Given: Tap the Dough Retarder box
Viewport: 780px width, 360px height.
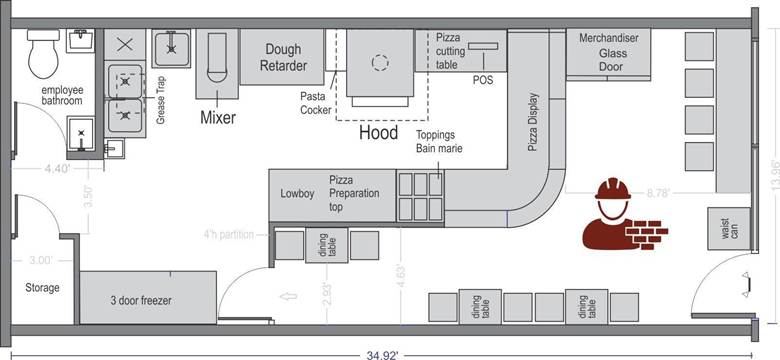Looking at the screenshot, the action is (283, 57).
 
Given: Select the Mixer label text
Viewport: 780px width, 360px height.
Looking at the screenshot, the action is (218, 117).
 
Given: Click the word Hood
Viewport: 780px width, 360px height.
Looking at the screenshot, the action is (379, 133).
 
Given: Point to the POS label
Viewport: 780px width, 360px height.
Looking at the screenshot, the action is (483, 80).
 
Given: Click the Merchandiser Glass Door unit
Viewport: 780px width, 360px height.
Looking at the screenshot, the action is (608, 52).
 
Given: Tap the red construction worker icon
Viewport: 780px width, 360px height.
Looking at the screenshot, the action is (625, 213).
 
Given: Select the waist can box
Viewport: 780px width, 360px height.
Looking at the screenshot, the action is (729, 229).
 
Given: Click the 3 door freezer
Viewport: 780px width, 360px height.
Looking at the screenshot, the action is (148, 297).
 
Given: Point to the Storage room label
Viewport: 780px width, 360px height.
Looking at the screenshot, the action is (42, 287).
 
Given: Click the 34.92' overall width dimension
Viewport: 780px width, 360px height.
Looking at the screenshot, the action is (381, 355).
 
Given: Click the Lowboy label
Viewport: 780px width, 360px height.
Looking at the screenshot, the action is (297, 193).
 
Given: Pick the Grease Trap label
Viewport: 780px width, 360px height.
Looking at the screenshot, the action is (160, 100).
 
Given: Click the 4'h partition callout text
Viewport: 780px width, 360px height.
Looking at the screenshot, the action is (229, 234).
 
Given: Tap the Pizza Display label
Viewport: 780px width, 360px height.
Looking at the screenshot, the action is (533, 122).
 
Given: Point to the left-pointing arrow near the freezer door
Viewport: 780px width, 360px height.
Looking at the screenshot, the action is (289, 296).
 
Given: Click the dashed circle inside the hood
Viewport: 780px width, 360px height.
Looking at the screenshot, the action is (380, 62).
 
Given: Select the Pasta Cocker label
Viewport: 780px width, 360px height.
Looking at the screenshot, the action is (315, 103).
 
